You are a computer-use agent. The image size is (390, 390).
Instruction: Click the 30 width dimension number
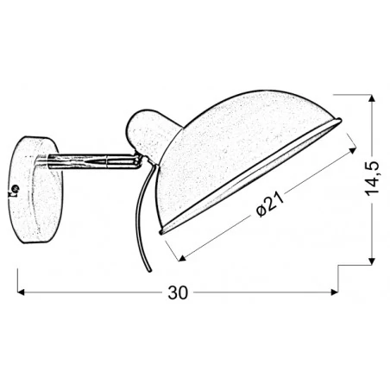(x=177, y=292)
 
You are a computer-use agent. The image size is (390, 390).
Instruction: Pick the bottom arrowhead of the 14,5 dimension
(x=372, y=262)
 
